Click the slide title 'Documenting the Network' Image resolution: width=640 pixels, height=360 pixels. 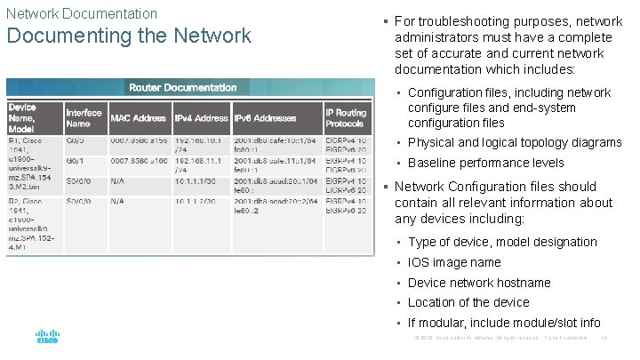[129, 36]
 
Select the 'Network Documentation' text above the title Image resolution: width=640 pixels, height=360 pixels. [82, 13]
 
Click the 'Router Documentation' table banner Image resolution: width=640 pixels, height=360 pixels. [182, 87]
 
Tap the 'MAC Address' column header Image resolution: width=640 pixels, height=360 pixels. [140, 118]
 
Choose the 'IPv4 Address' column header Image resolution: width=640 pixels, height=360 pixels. [202, 118]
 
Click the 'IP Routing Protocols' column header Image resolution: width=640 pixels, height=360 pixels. [346, 118]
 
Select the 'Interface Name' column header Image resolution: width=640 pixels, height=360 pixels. [84, 118]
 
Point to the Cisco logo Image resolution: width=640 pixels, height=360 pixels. [47, 339]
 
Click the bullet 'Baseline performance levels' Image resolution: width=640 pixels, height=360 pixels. [485, 163]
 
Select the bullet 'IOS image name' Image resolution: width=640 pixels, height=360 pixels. [454, 262]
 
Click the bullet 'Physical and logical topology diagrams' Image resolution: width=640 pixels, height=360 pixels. [515, 142]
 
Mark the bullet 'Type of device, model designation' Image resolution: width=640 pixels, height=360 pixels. [502, 242]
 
